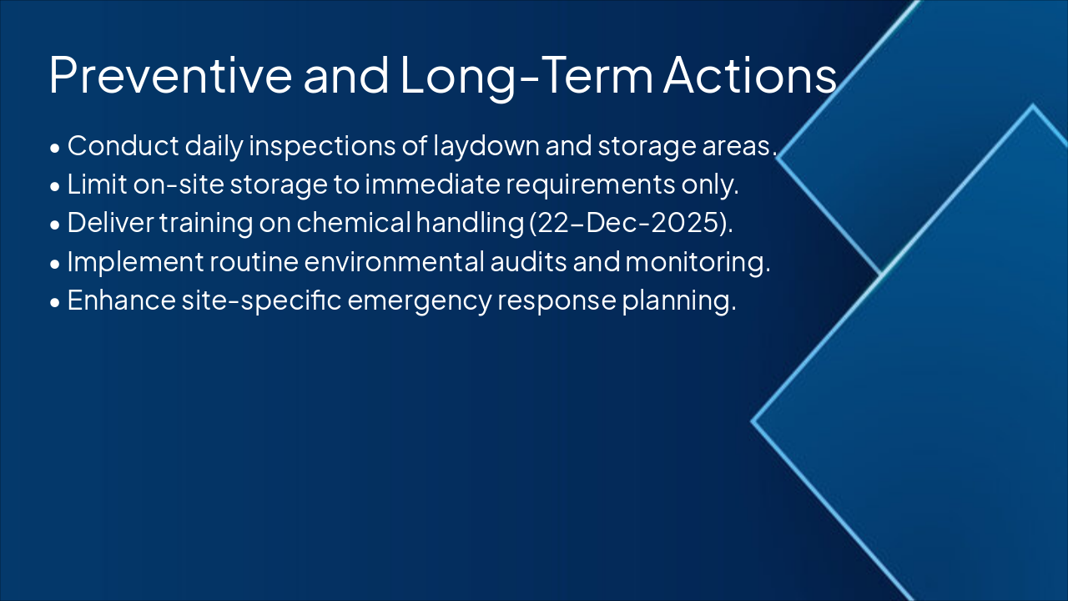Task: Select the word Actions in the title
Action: coord(749,75)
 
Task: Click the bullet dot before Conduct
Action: coord(55,148)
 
